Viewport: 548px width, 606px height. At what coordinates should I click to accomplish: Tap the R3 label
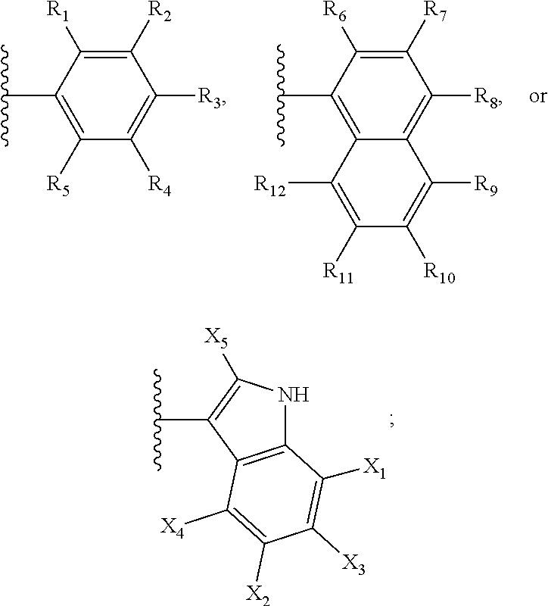212,97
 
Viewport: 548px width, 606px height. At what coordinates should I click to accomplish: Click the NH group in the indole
294,395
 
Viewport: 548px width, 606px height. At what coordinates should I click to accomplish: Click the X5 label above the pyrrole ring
217,338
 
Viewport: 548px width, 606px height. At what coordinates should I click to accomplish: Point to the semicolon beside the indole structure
391,421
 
